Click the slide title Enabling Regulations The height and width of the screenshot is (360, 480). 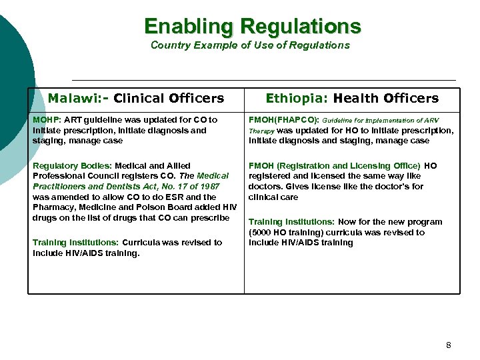pos(253,26)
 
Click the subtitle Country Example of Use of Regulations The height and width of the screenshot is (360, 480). pos(250,45)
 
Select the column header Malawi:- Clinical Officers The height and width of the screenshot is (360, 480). pos(136,99)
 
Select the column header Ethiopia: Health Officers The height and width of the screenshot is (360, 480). pos(352,99)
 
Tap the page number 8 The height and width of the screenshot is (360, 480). pos(448,345)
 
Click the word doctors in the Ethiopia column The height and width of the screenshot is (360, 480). pos(263,187)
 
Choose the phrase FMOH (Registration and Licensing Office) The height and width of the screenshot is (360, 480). pos(335,165)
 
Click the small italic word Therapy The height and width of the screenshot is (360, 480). pos(261,131)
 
